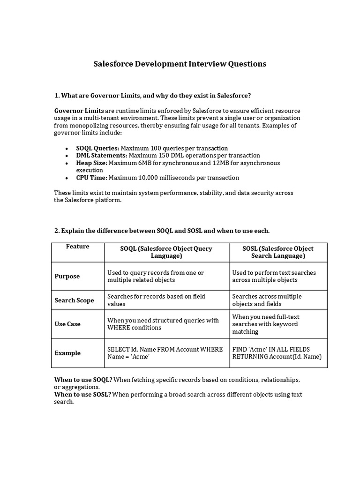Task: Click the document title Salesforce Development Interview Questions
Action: click(180, 64)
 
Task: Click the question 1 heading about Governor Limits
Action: click(153, 96)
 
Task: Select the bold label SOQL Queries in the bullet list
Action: click(97, 148)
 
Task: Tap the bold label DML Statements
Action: click(102, 155)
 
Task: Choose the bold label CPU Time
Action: click(92, 178)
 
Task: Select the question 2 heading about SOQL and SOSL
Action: click(162, 231)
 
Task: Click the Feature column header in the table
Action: click(77, 247)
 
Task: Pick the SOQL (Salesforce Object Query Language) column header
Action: click(166, 252)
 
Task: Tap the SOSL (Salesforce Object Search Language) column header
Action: click(278, 252)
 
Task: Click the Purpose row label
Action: click(67, 276)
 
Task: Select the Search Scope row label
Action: click(74, 300)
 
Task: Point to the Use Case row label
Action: click(67, 324)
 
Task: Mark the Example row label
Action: click(67, 353)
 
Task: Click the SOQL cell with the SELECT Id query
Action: click(165, 353)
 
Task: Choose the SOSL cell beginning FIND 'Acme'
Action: click(277, 353)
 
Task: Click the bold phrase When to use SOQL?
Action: click(83, 379)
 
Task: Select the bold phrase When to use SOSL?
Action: click(82, 394)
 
